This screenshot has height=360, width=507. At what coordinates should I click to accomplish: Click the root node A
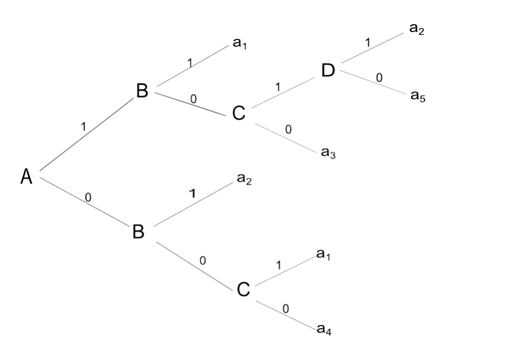pyautogui.click(x=26, y=176)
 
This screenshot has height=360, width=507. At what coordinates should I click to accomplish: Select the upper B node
pyautogui.click(x=142, y=91)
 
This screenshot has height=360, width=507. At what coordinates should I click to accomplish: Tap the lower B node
pyautogui.click(x=139, y=231)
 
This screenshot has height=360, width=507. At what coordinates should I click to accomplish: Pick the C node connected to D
pyautogui.click(x=239, y=113)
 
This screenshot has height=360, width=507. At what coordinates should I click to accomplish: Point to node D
pyautogui.click(x=328, y=70)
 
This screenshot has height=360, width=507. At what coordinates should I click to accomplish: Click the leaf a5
pyautogui.click(x=418, y=96)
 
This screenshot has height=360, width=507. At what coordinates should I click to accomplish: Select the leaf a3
pyautogui.click(x=328, y=152)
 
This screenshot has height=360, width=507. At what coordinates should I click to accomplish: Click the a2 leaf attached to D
pyautogui.click(x=417, y=30)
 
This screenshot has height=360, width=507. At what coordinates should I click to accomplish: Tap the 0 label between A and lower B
pyautogui.click(x=88, y=197)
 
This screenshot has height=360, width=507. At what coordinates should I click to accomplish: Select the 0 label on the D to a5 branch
pyautogui.click(x=379, y=78)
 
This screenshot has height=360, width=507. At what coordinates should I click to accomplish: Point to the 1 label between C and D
pyautogui.click(x=277, y=88)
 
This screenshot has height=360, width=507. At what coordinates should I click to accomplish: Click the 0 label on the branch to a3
pyautogui.click(x=288, y=129)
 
